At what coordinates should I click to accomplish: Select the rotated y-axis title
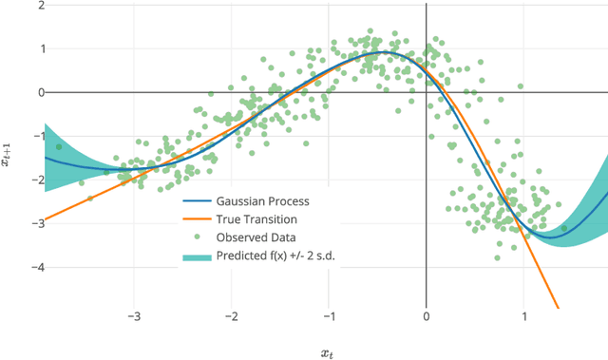pos(7,157)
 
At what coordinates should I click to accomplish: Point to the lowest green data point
pos(497,256)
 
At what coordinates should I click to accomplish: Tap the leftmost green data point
pos(59,147)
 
